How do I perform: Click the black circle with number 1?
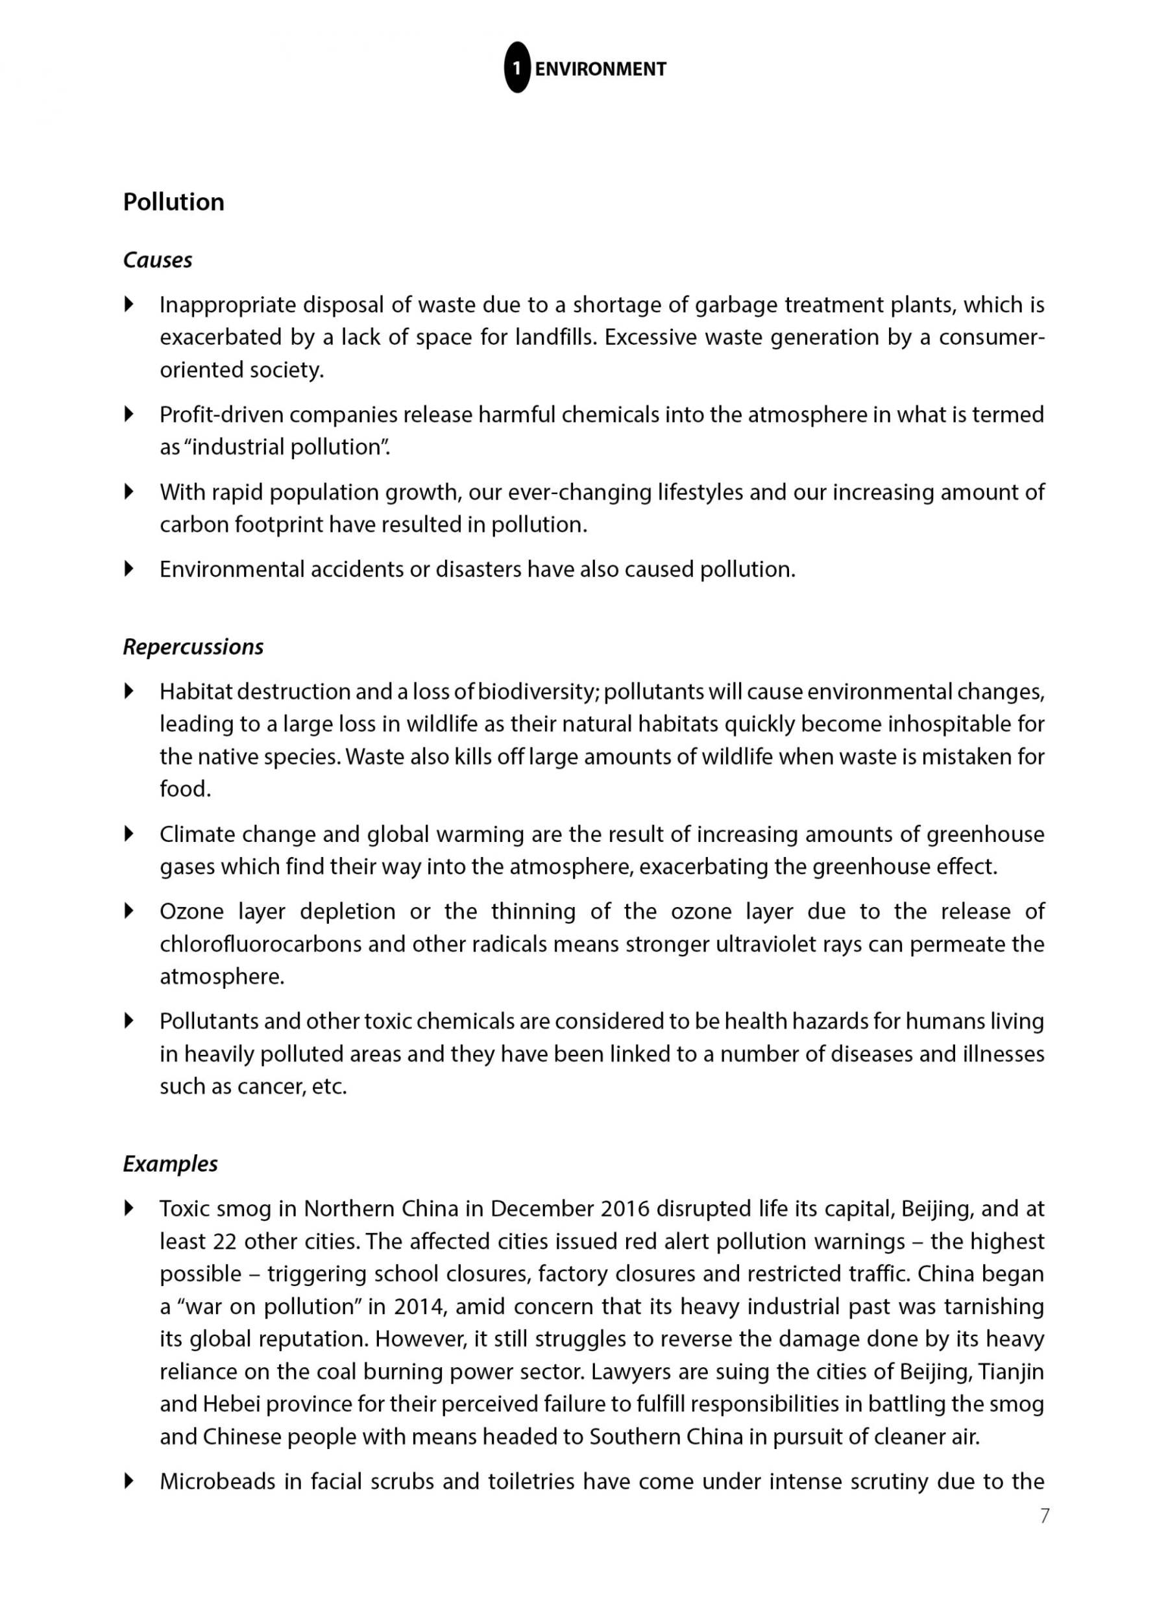pos(517,68)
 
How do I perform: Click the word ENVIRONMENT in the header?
pos(600,69)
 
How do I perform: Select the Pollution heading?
pos(174,203)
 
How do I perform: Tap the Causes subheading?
pos(158,260)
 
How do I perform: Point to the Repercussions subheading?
pos(193,647)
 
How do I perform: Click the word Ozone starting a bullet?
pos(190,911)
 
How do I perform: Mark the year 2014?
pos(420,1307)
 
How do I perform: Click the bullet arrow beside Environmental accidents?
pos(128,569)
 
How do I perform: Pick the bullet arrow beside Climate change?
pos(128,834)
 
